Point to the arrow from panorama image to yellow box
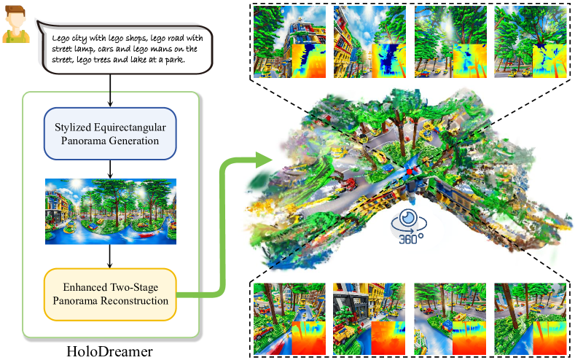click(109, 255)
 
